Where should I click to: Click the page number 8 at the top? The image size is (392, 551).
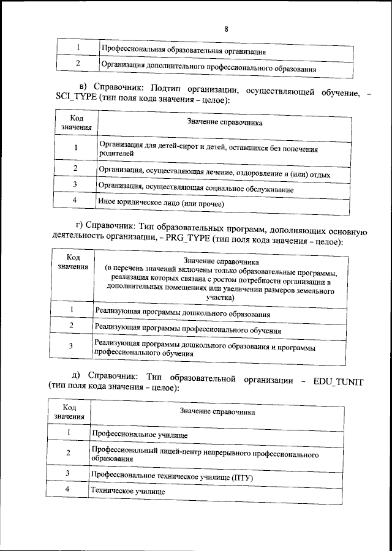point(226,29)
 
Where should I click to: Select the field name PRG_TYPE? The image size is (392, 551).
point(187,242)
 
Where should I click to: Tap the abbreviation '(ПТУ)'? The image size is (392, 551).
point(240,476)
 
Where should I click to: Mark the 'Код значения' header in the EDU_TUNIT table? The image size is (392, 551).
point(69,411)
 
